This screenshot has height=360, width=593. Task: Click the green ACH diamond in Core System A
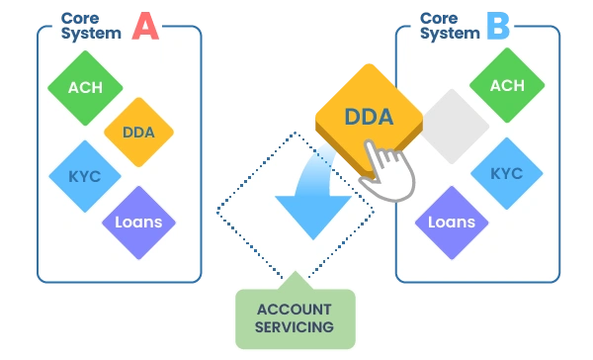tap(85, 88)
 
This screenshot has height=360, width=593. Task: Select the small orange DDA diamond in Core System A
tap(138, 133)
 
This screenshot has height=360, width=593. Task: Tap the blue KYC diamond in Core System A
tap(85, 176)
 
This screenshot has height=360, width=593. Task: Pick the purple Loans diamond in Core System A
tap(138, 223)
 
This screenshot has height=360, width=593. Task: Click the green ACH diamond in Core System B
tap(507, 85)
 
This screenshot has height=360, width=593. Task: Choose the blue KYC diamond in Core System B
tap(507, 173)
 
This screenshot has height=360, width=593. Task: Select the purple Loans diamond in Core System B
tap(452, 223)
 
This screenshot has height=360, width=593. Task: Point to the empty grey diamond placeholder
tap(454, 127)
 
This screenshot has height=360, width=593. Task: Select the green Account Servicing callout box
tap(296, 318)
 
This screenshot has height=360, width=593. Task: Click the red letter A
tap(145, 26)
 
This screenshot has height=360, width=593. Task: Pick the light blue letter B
tap(498, 26)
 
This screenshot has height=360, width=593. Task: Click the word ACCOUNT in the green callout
tap(295, 310)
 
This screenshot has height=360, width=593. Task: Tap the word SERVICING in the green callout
tap(295, 327)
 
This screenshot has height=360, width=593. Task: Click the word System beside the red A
tap(91, 34)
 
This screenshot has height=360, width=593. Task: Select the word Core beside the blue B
tap(439, 18)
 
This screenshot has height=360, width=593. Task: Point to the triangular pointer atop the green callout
tap(296, 280)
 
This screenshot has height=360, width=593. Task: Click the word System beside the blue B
tap(450, 34)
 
